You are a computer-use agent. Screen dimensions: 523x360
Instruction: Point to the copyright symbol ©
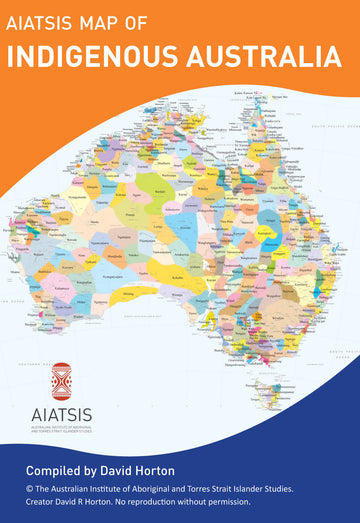(x=32, y=488)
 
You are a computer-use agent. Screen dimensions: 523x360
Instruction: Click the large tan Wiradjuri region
(x=275, y=300)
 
